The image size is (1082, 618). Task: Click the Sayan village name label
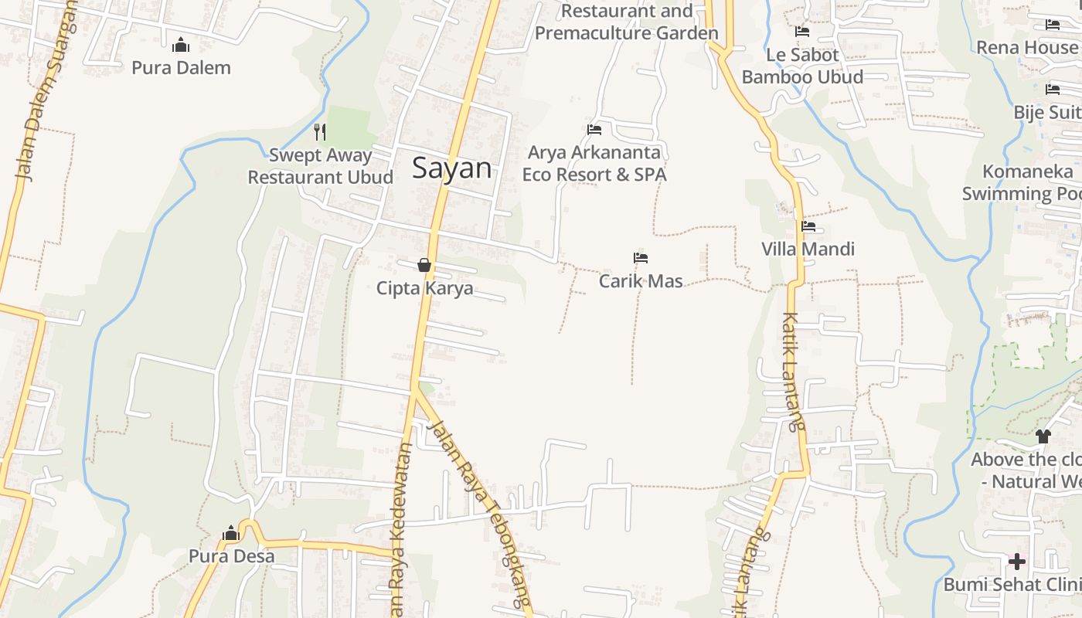click(451, 168)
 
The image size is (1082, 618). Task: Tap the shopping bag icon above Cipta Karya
click(424, 265)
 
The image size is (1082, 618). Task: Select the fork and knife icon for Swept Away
click(320, 132)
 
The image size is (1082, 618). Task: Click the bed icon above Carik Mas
click(640, 258)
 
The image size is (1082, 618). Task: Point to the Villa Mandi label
click(808, 249)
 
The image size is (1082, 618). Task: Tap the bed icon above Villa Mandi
click(808, 226)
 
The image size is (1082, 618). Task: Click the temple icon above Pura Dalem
click(181, 45)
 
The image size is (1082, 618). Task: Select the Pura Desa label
click(231, 556)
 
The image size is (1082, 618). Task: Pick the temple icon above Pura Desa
click(230, 533)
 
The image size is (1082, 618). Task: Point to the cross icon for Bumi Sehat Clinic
click(1017, 561)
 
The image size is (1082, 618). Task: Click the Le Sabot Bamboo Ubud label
click(802, 66)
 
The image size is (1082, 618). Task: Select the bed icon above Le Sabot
click(802, 32)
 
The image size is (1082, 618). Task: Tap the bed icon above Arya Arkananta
click(594, 130)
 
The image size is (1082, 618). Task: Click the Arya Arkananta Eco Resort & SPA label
click(594, 164)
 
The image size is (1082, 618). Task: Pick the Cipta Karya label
click(424, 288)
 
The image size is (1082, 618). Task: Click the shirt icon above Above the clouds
click(1043, 436)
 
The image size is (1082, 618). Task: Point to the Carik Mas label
click(641, 280)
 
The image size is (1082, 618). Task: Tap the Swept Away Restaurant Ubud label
click(320, 166)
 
